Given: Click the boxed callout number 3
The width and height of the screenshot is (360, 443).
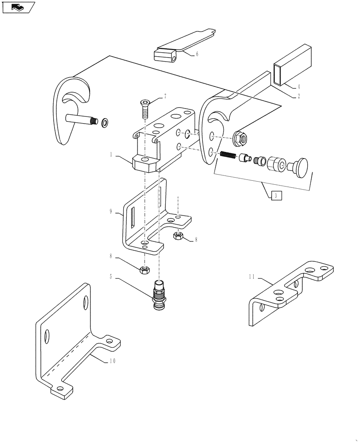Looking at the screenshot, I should [x=276, y=195].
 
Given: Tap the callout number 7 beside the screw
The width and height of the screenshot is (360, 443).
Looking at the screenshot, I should [x=153, y=96].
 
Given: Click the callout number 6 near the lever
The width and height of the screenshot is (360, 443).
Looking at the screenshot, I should [x=197, y=54].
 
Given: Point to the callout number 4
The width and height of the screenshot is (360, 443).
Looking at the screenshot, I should [x=298, y=87].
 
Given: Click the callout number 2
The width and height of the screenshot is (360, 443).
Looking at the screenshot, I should [x=298, y=96].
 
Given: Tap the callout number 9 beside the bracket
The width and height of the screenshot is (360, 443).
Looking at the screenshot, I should [x=111, y=212].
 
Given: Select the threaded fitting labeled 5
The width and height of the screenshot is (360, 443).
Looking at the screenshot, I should [x=158, y=295].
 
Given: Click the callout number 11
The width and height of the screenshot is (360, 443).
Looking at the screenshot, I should [x=252, y=278].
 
